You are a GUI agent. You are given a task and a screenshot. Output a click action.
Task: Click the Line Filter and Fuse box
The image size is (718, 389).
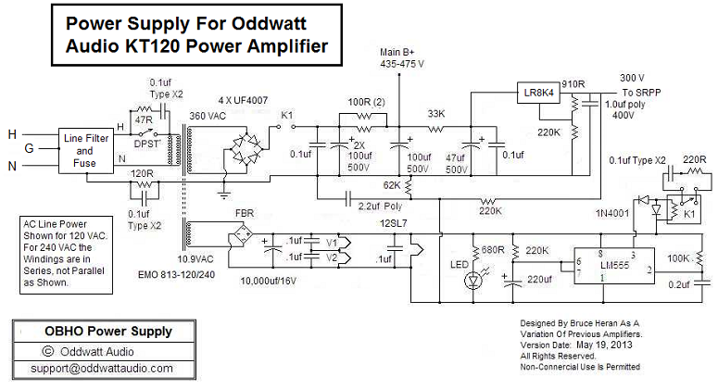[x=85, y=150]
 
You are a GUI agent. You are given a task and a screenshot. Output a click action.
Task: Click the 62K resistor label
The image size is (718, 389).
[x=390, y=186]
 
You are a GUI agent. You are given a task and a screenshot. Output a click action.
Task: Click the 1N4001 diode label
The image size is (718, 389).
[x=612, y=214]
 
